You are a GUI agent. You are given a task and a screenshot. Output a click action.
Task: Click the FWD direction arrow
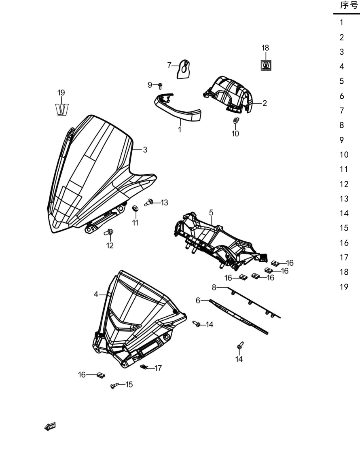50,427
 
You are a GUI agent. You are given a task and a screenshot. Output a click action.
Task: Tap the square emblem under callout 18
266,65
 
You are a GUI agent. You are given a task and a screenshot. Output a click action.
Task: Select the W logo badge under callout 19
62,110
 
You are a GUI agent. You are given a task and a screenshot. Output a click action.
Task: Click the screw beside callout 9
160,86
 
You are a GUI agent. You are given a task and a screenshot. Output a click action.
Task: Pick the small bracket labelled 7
184,69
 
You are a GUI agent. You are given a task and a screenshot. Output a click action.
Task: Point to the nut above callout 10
236,120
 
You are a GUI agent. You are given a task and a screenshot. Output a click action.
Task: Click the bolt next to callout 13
149,202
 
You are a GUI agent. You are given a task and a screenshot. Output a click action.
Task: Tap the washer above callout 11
135,208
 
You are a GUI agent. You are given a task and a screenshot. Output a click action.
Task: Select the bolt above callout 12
109,232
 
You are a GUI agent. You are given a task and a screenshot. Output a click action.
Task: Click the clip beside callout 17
144,367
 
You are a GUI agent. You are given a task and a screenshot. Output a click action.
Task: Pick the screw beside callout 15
114,385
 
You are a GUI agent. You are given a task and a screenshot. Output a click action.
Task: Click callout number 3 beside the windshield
145,150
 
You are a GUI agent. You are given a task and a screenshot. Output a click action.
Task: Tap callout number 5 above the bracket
211,213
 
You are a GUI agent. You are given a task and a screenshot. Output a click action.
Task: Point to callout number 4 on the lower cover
96,294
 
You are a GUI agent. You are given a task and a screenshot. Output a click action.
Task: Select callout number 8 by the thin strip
214,287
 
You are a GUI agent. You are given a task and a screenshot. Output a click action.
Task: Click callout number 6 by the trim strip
198,301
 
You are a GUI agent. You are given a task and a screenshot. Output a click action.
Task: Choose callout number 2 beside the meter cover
265,103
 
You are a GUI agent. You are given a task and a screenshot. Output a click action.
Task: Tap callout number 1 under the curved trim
180,129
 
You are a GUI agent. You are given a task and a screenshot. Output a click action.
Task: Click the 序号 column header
349,5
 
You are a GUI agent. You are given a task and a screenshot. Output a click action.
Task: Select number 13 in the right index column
344,199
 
